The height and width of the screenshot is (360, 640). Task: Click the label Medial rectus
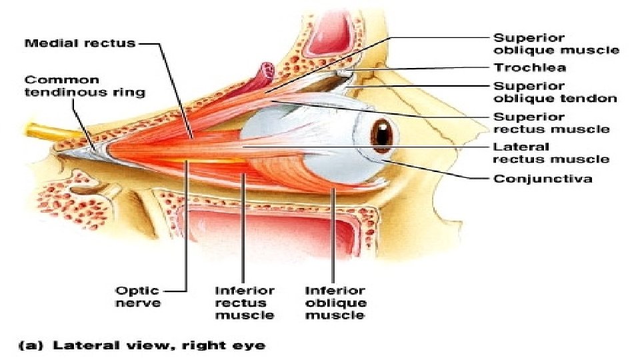click(x=80, y=43)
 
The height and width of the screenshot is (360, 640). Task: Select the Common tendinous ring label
click(x=85, y=85)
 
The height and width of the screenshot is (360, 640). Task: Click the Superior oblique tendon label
click(x=555, y=92)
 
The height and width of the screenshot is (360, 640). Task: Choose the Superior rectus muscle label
click(x=551, y=122)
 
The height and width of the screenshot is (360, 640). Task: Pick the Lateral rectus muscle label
click(x=551, y=153)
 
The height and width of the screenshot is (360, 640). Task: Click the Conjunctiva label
click(x=543, y=179)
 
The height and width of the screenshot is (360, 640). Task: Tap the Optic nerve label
click(x=137, y=296)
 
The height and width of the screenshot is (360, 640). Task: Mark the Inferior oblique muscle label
click(x=335, y=302)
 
